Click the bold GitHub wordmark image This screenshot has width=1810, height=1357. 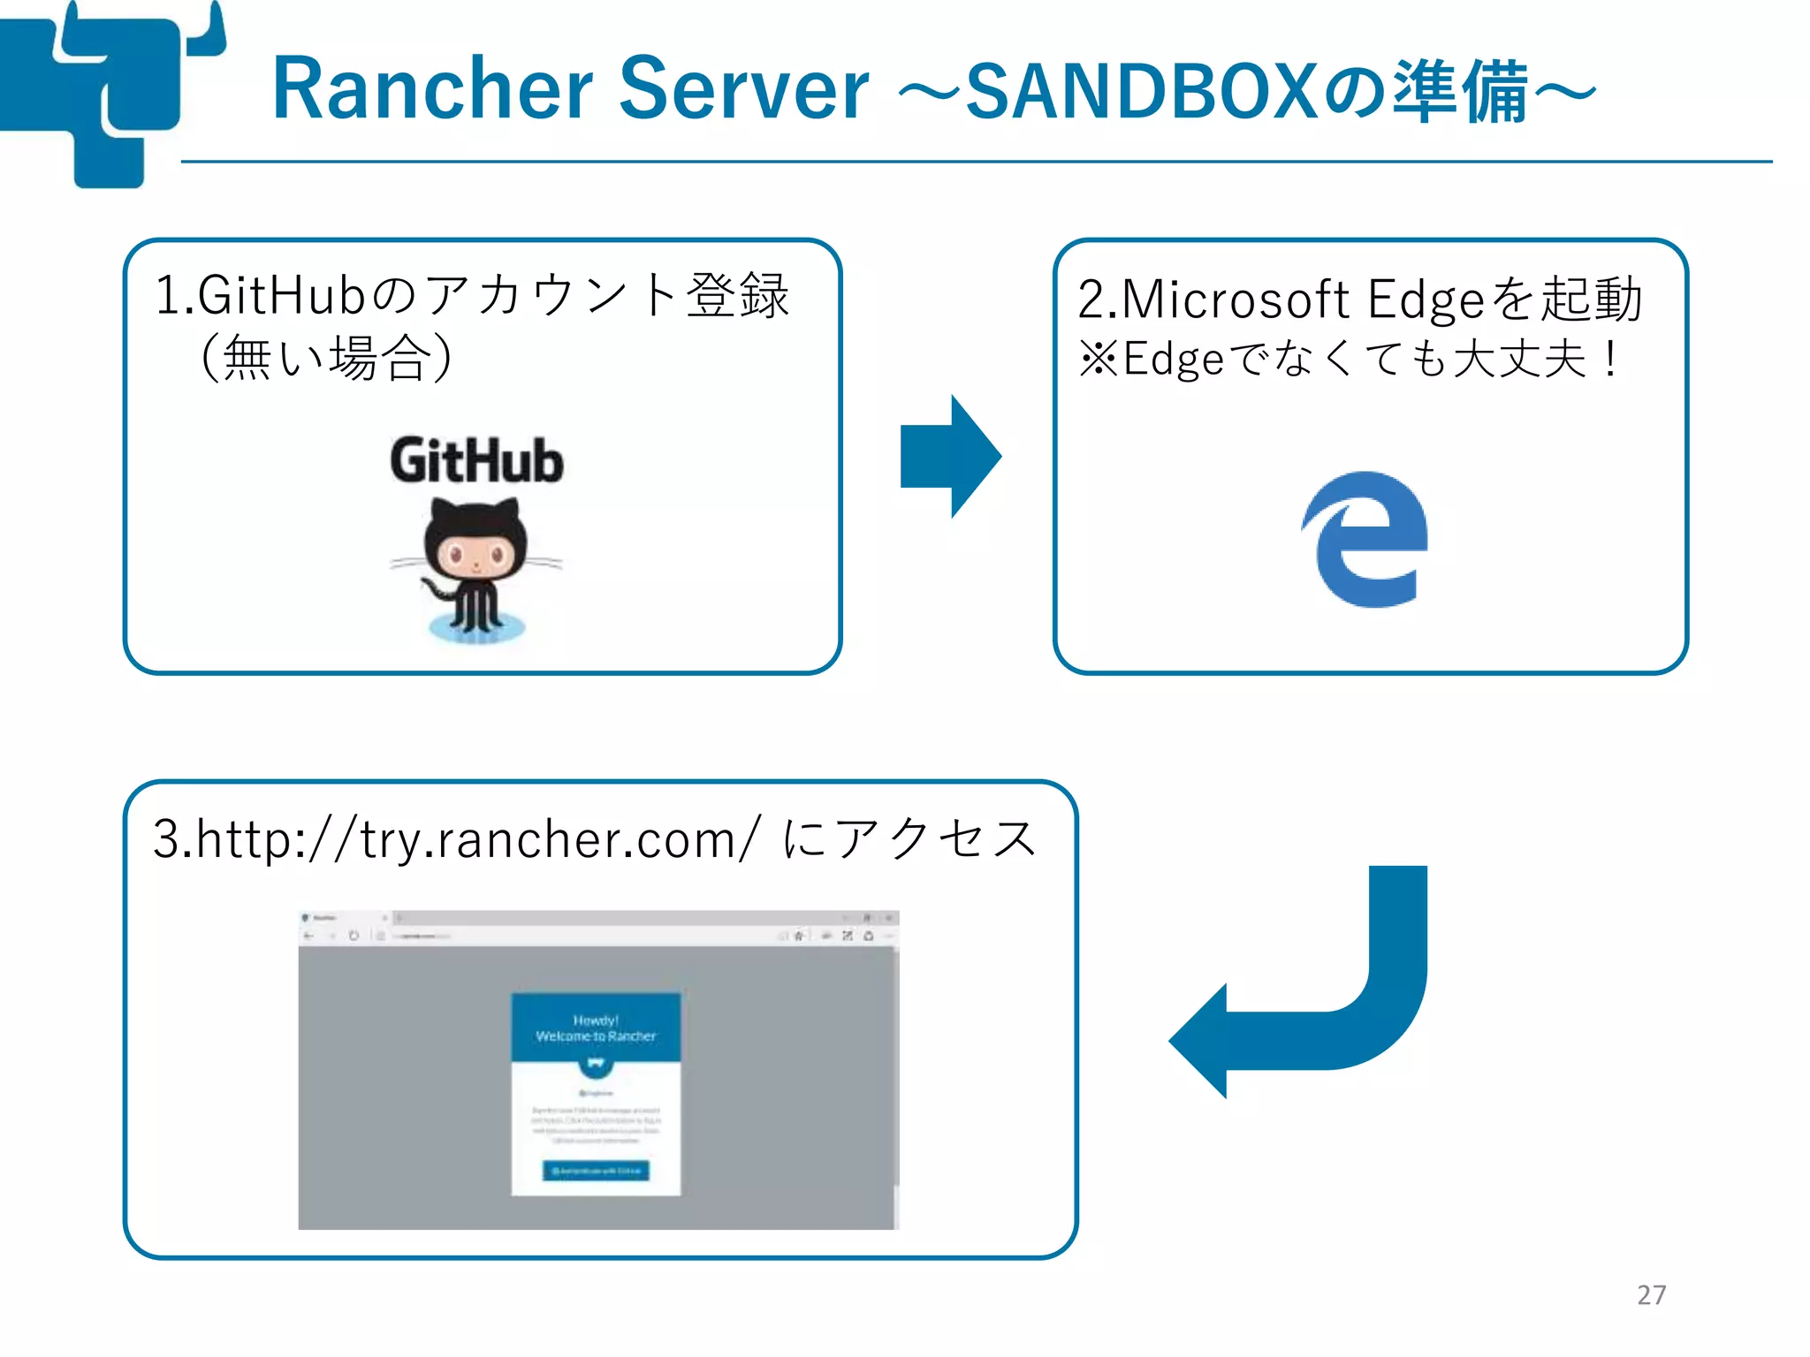476,461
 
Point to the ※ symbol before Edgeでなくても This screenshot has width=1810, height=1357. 1099,360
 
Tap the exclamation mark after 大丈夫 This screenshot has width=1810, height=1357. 1610,360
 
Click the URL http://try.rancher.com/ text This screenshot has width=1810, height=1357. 456,839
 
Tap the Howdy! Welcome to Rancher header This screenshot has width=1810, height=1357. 596,1028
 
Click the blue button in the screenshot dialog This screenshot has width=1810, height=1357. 596,1171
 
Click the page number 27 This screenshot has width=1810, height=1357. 1650,1295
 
